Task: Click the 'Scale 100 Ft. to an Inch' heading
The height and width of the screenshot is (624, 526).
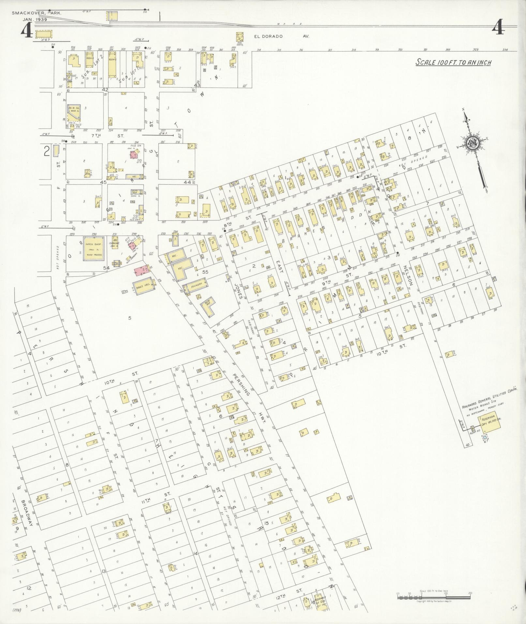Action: pyautogui.click(x=453, y=62)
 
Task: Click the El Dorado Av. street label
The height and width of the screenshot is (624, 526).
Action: pyautogui.click(x=281, y=37)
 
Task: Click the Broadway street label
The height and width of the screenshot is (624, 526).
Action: pyautogui.click(x=28, y=517)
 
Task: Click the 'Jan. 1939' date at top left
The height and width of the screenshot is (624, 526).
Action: pyautogui.click(x=35, y=19)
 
